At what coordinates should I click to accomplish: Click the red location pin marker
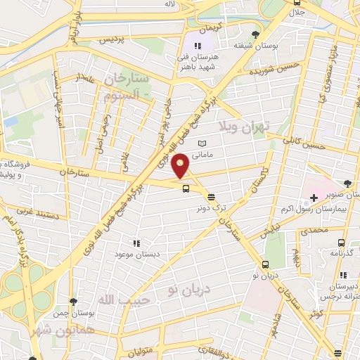(181, 166)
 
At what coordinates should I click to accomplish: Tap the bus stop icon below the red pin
(185, 188)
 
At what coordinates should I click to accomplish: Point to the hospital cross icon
(314, 198)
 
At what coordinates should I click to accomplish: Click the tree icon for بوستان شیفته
(256, 34)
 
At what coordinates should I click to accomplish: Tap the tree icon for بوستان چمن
(73, 301)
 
